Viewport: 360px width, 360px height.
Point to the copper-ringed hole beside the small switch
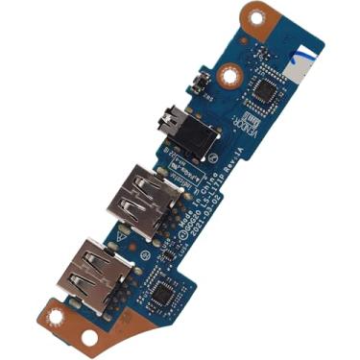228,73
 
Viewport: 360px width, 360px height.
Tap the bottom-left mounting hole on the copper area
88,337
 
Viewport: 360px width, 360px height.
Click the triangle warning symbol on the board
121,232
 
